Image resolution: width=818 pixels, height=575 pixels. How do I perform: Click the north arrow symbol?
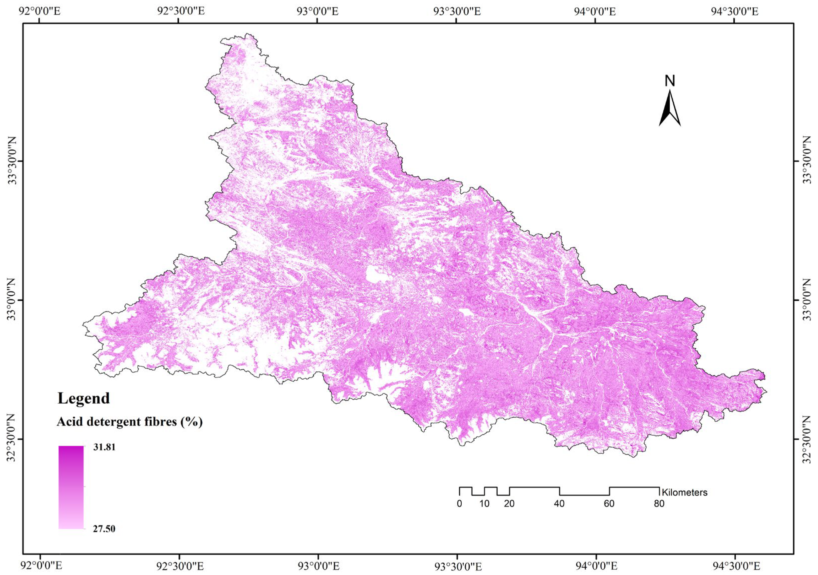pos(670,109)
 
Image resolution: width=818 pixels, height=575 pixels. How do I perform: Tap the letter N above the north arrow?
pos(670,82)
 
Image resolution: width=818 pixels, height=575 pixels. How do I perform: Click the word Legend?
pos(83,398)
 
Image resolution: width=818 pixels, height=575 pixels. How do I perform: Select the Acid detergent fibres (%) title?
pos(130,422)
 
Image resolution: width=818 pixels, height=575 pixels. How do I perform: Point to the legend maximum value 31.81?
pos(104,447)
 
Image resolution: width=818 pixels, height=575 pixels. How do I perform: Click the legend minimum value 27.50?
pos(104,529)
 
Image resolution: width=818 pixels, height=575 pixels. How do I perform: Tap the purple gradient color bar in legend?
pos(71,487)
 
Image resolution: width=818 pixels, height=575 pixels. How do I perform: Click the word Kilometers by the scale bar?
pos(684,492)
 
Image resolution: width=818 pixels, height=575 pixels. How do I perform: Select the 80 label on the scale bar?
pos(659,504)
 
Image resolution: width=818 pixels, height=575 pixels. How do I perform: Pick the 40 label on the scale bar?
pos(559,504)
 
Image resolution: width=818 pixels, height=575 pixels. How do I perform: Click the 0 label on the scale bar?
pos(460,504)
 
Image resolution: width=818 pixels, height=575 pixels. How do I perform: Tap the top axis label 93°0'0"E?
pos(318,12)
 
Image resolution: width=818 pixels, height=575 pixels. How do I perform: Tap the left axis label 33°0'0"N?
pos(12,300)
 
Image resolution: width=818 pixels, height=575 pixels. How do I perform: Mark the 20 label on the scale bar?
pos(509,504)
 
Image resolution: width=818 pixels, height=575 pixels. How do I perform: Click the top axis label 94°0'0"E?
pos(596,12)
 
